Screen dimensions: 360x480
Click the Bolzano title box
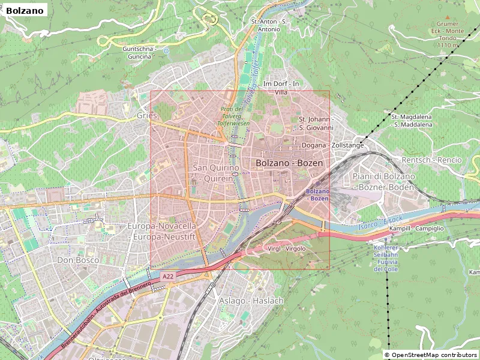point(25,10)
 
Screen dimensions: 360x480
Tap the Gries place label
point(146,115)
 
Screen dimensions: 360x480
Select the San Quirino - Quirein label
point(215,173)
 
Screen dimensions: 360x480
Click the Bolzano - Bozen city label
point(289,163)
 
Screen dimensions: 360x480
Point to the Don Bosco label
point(78,260)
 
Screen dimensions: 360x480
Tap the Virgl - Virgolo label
point(286,248)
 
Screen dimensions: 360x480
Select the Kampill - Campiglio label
point(416,229)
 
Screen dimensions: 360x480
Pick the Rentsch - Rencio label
point(431,160)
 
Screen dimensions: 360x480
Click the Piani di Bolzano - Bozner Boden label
point(383,181)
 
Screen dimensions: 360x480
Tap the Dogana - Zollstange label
point(332,145)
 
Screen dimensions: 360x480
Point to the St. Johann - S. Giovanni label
point(316,123)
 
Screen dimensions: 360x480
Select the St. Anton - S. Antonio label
point(269,25)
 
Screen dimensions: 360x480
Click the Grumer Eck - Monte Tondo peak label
point(446,34)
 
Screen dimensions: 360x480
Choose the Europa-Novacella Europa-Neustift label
point(162,231)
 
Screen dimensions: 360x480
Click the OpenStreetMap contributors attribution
point(431,355)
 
